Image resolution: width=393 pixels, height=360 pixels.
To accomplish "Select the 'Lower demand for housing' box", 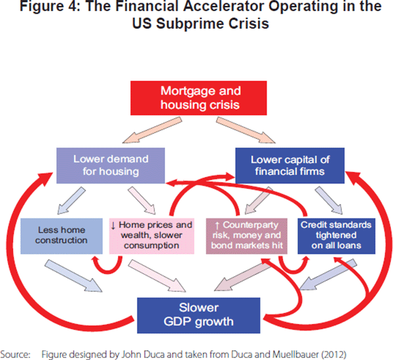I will pos(102,165).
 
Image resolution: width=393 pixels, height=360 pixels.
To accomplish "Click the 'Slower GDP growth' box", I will pos(196,313).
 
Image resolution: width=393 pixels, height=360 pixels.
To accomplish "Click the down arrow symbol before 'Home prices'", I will pos(113,225).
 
